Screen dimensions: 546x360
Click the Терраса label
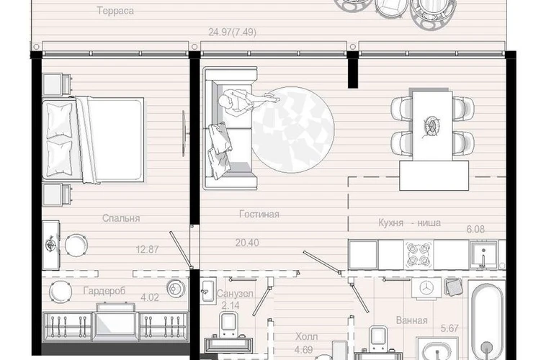coord(115,11)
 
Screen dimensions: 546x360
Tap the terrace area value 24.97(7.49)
coord(232,32)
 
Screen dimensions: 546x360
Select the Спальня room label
coord(121,218)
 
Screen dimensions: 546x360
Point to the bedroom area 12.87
coord(147,249)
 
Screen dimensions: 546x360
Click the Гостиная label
coord(259,214)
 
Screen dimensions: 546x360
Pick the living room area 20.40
coord(247,243)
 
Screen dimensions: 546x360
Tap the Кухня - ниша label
coord(409,222)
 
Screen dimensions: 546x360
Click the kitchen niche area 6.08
coord(475,229)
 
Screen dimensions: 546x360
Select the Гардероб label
coord(104,291)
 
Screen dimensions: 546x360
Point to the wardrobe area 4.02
coord(150,297)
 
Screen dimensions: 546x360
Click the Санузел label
coord(235,294)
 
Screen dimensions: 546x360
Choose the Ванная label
coord(411,320)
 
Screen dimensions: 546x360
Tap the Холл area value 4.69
coord(304,349)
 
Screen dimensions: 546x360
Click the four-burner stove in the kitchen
coord(419,255)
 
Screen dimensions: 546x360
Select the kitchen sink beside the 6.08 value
coord(483,255)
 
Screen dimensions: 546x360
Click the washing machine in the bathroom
coord(426,288)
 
